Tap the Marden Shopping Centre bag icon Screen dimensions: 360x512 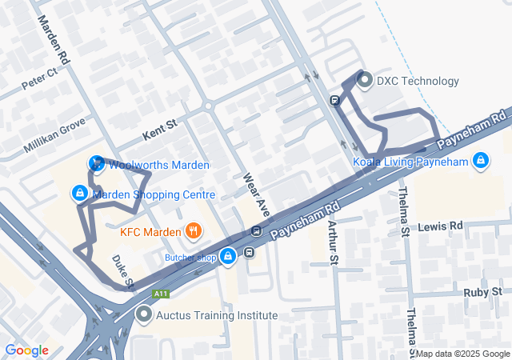click(79, 194)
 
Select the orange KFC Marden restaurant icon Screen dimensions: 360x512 click(192, 233)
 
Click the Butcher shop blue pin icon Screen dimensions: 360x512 click(228, 257)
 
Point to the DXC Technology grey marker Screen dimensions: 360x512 click(365, 81)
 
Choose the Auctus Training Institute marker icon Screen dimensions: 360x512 click(144, 315)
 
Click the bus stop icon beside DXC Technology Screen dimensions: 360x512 click(335, 101)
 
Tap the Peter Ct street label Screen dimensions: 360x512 click(39, 78)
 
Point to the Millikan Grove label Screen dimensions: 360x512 click(54, 134)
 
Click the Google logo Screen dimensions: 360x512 click(26, 350)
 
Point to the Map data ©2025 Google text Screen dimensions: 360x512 click(462, 354)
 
